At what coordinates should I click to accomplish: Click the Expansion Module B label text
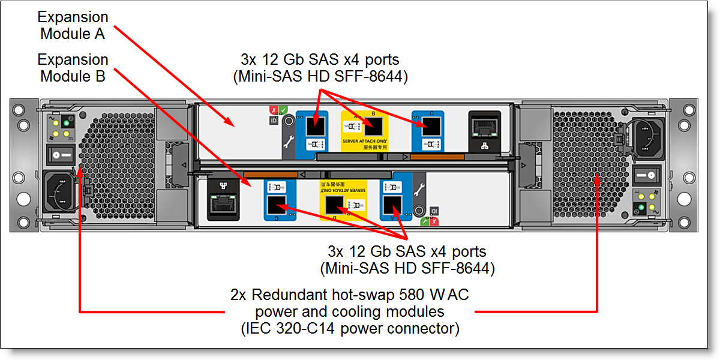click(x=73, y=68)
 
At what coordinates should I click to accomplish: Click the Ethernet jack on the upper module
click(x=484, y=128)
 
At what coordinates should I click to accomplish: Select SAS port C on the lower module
click(x=277, y=205)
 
